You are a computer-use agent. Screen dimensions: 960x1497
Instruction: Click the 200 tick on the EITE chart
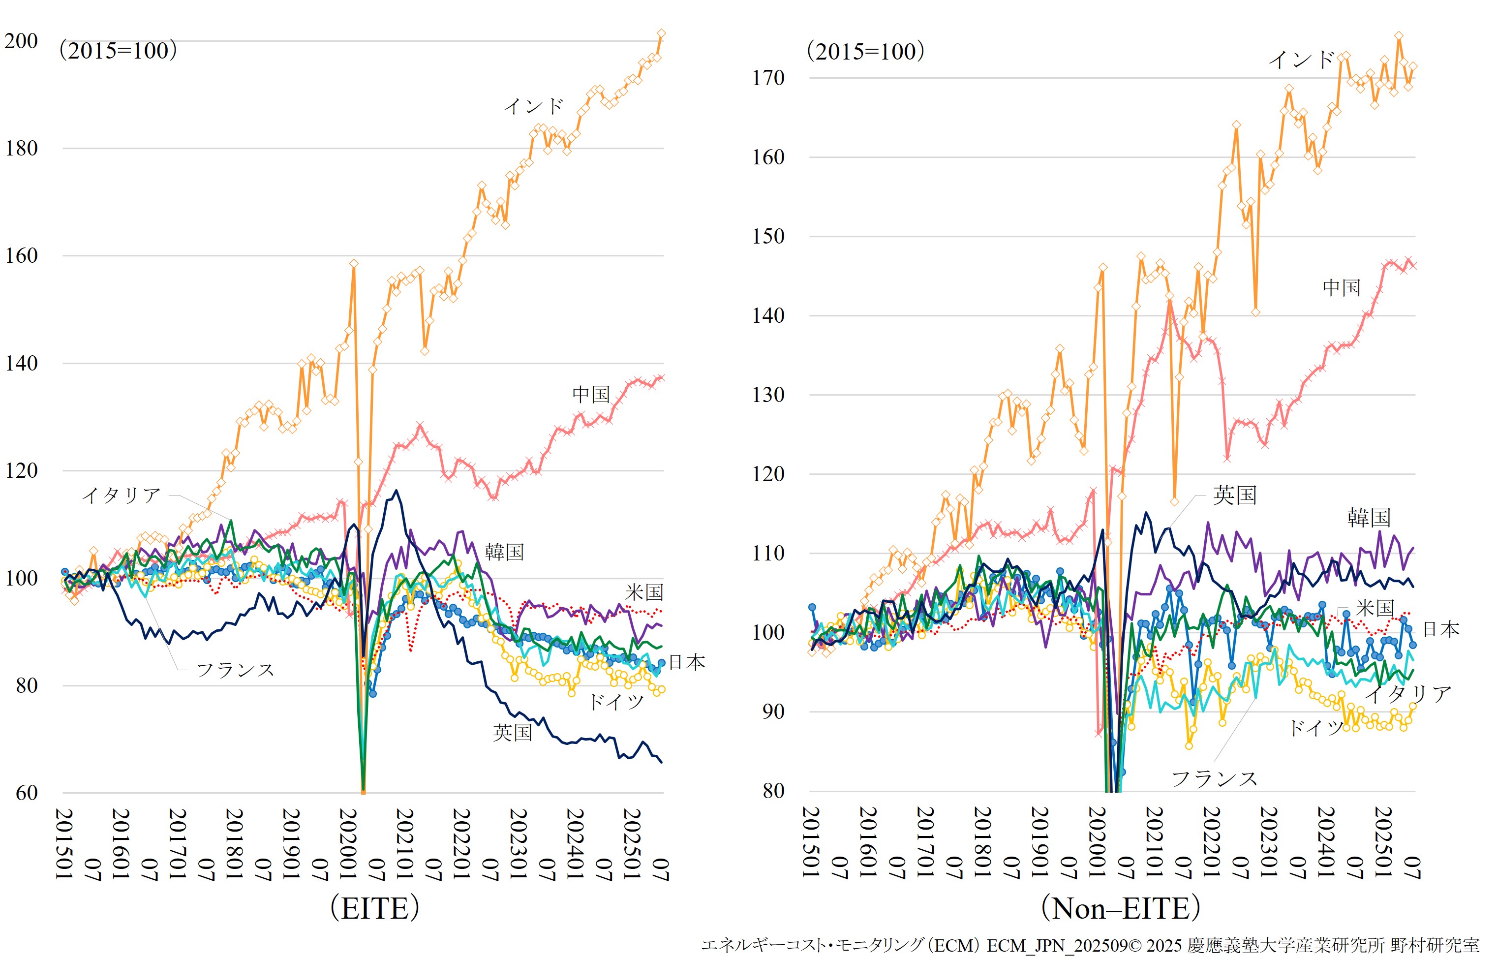(21, 41)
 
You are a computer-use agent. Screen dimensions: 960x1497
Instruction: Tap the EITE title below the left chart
(374, 908)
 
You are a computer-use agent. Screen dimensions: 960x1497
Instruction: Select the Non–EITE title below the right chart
(1121, 908)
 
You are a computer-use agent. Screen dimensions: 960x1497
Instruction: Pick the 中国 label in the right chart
(1341, 287)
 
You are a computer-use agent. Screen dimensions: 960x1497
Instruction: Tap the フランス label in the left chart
(236, 670)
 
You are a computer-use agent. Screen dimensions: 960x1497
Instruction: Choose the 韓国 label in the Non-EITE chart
(1369, 518)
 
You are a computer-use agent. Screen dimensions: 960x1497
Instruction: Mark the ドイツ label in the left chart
(616, 702)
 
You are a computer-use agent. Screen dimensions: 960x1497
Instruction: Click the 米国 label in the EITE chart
(644, 592)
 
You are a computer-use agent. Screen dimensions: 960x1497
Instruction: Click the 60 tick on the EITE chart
(26, 793)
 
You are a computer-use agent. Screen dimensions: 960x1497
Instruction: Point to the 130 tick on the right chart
(768, 395)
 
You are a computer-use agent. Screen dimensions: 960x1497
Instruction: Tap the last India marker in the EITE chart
(661, 33)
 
